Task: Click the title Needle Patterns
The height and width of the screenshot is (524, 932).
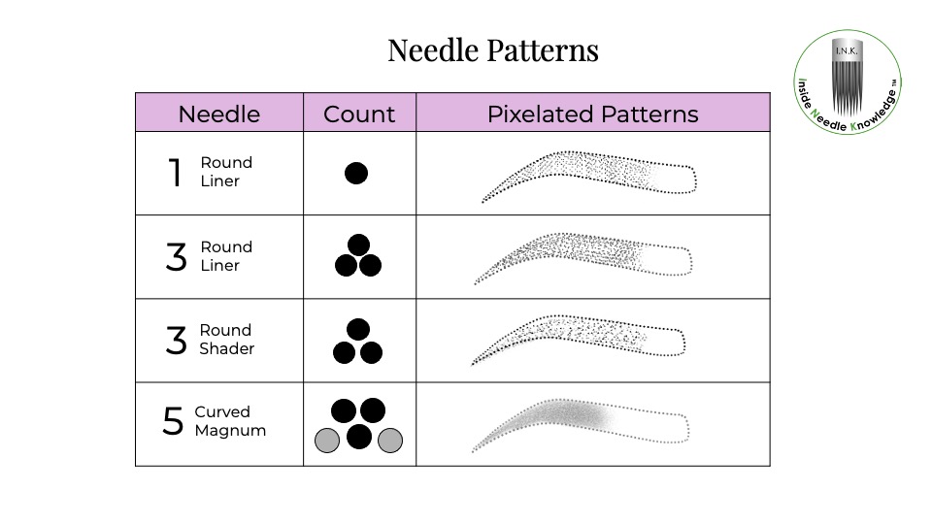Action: point(493,49)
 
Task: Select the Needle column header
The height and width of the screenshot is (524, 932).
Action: point(219,115)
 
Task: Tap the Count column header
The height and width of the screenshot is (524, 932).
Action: point(359,115)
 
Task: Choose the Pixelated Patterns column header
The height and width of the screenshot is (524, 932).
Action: point(592,115)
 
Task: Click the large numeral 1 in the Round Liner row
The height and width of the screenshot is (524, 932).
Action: point(175,173)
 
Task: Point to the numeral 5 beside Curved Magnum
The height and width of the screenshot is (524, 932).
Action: point(173,420)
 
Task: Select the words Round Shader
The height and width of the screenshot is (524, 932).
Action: point(226,340)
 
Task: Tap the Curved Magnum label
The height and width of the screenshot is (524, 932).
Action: point(230,420)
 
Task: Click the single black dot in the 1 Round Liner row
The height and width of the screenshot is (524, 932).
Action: point(356,173)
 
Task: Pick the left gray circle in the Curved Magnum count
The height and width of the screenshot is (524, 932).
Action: point(327,441)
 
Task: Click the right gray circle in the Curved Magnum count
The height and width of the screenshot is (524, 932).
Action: point(390,441)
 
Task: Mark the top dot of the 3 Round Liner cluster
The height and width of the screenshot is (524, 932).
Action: point(358,245)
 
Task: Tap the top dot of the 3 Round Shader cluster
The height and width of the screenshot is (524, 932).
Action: point(358,329)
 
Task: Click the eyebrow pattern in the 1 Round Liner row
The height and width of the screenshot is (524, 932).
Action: point(588,176)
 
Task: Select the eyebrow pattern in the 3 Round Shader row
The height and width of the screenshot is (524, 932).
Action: point(578,340)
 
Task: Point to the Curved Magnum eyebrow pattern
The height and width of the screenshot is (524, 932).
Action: point(581,425)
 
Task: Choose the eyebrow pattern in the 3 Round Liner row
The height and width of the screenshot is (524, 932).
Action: point(583,258)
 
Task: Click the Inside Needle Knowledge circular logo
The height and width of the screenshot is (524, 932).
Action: point(848,82)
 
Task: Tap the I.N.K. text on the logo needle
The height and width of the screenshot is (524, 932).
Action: point(847,51)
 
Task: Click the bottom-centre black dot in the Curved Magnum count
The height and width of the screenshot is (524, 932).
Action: point(359,437)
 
